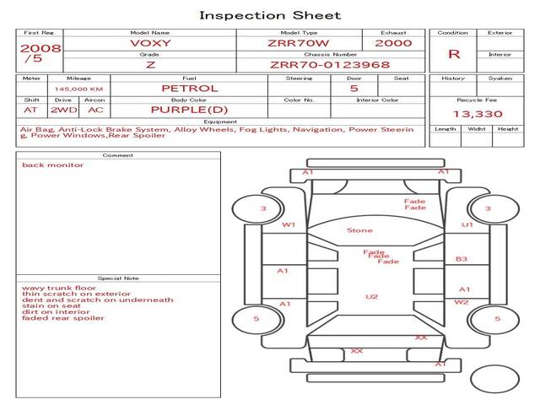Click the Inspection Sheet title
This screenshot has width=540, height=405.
[270, 15]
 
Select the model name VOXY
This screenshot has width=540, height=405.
[148, 43]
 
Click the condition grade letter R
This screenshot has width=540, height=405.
[454, 53]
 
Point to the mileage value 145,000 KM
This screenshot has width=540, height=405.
[78, 89]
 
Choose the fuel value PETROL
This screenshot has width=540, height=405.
[189, 88]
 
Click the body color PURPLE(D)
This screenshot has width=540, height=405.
[189, 110]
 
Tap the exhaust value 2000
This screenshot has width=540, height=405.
[393, 43]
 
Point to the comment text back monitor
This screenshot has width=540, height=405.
[52, 165]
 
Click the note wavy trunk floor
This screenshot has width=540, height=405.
[59, 288]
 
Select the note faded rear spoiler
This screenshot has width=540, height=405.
[63, 318]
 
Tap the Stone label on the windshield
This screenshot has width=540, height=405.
[359, 230]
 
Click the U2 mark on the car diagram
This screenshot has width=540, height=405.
[371, 296]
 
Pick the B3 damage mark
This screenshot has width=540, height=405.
[462, 259]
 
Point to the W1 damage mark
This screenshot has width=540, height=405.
[289, 225]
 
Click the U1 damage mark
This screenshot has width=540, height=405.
[467, 225]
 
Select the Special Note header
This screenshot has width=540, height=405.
[117, 278]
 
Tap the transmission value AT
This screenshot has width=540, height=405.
[31, 110]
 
